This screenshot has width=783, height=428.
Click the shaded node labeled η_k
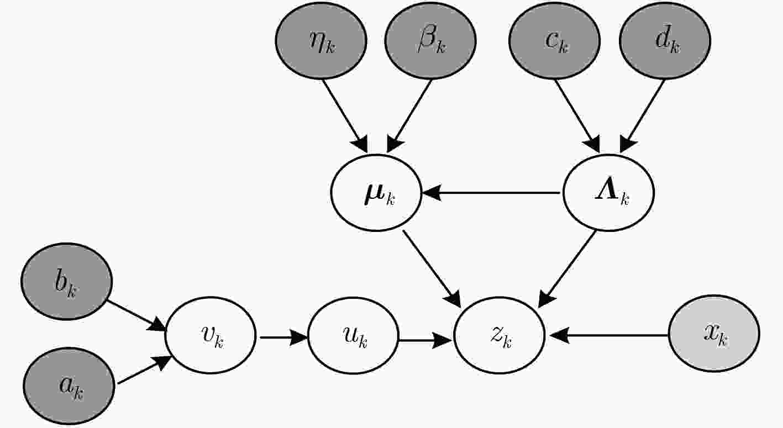tap(321, 41)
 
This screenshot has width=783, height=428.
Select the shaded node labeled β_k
tap(430, 41)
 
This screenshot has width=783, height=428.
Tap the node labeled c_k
tap(554, 41)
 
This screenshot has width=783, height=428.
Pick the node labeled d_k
tap(665, 41)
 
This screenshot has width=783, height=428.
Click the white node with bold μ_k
tap(376, 193)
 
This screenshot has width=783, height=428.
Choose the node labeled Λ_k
tap(608, 193)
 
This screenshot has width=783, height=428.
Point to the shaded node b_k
tap(67, 281)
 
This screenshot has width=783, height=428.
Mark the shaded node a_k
tap(69, 385)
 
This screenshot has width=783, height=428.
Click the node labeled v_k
tap(211, 335)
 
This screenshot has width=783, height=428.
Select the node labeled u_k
tap(353, 335)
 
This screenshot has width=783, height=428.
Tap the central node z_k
tap(499, 335)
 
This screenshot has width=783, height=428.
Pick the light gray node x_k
tap(714, 334)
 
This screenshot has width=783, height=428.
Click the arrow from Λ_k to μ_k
tap(491, 193)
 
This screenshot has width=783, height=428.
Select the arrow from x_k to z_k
tap(608, 335)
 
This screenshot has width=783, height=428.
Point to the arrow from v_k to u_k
tap(283, 337)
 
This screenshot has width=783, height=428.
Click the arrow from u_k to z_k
tap(425, 340)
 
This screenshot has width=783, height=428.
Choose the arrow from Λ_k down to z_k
tap(567, 269)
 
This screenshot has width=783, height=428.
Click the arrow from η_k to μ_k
tap(345, 117)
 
